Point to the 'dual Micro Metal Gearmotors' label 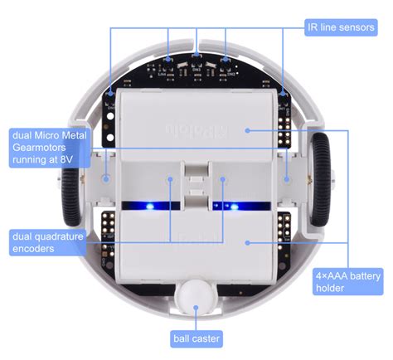48,146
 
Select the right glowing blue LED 235,206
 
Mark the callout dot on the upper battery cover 247,129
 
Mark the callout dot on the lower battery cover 247,243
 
